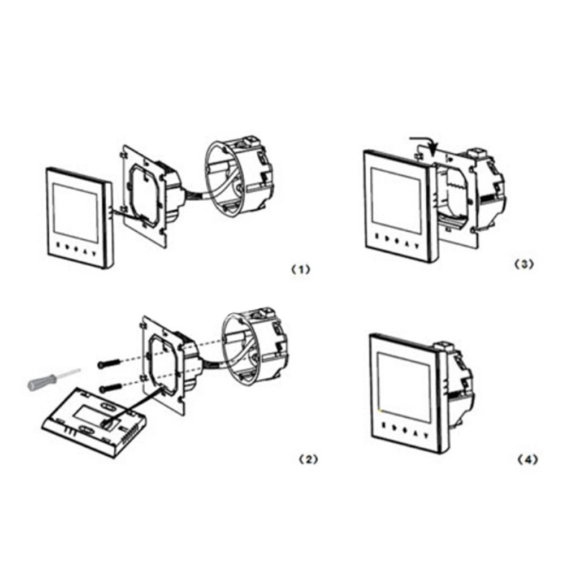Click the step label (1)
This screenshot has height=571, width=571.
[301, 270]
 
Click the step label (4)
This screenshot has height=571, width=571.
[527, 460]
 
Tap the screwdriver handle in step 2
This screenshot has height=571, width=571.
[42, 383]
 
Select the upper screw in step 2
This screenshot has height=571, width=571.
[109, 364]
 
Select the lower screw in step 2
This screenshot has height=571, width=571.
[111, 387]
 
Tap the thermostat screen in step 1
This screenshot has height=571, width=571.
[76, 213]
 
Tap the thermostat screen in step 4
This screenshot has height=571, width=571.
[404, 387]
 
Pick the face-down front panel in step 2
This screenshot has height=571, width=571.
[94, 422]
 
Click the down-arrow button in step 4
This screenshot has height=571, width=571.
[426, 434]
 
